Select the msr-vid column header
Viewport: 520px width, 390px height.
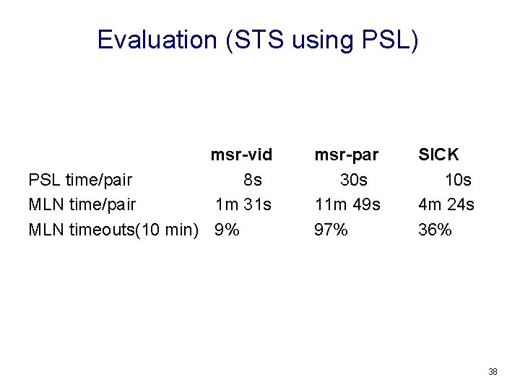coord(241,155)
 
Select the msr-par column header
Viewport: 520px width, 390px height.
coord(347,155)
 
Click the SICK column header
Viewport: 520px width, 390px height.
coord(438,155)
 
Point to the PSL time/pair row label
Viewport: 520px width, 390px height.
coord(80,180)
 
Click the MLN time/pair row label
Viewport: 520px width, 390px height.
coord(82,205)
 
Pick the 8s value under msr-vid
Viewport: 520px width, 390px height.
coord(253,180)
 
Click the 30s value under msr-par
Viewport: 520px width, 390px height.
coord(354,180)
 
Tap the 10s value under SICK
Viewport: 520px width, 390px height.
coord(458,180)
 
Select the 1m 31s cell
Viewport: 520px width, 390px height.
coord(243,205)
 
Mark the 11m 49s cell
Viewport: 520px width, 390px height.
coord(347,205)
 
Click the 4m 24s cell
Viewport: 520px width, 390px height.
coord(446,205)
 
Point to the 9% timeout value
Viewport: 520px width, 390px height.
coord(227,230)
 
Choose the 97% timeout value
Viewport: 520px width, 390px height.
coord(331,230)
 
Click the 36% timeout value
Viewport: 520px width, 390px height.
coord(435,230)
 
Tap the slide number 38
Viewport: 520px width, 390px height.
coord(493,372)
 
